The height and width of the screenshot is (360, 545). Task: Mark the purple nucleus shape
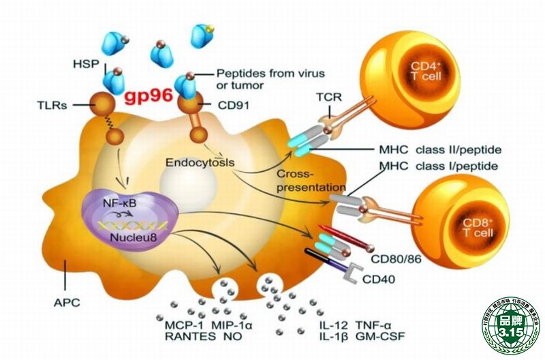[x=129, y=218]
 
